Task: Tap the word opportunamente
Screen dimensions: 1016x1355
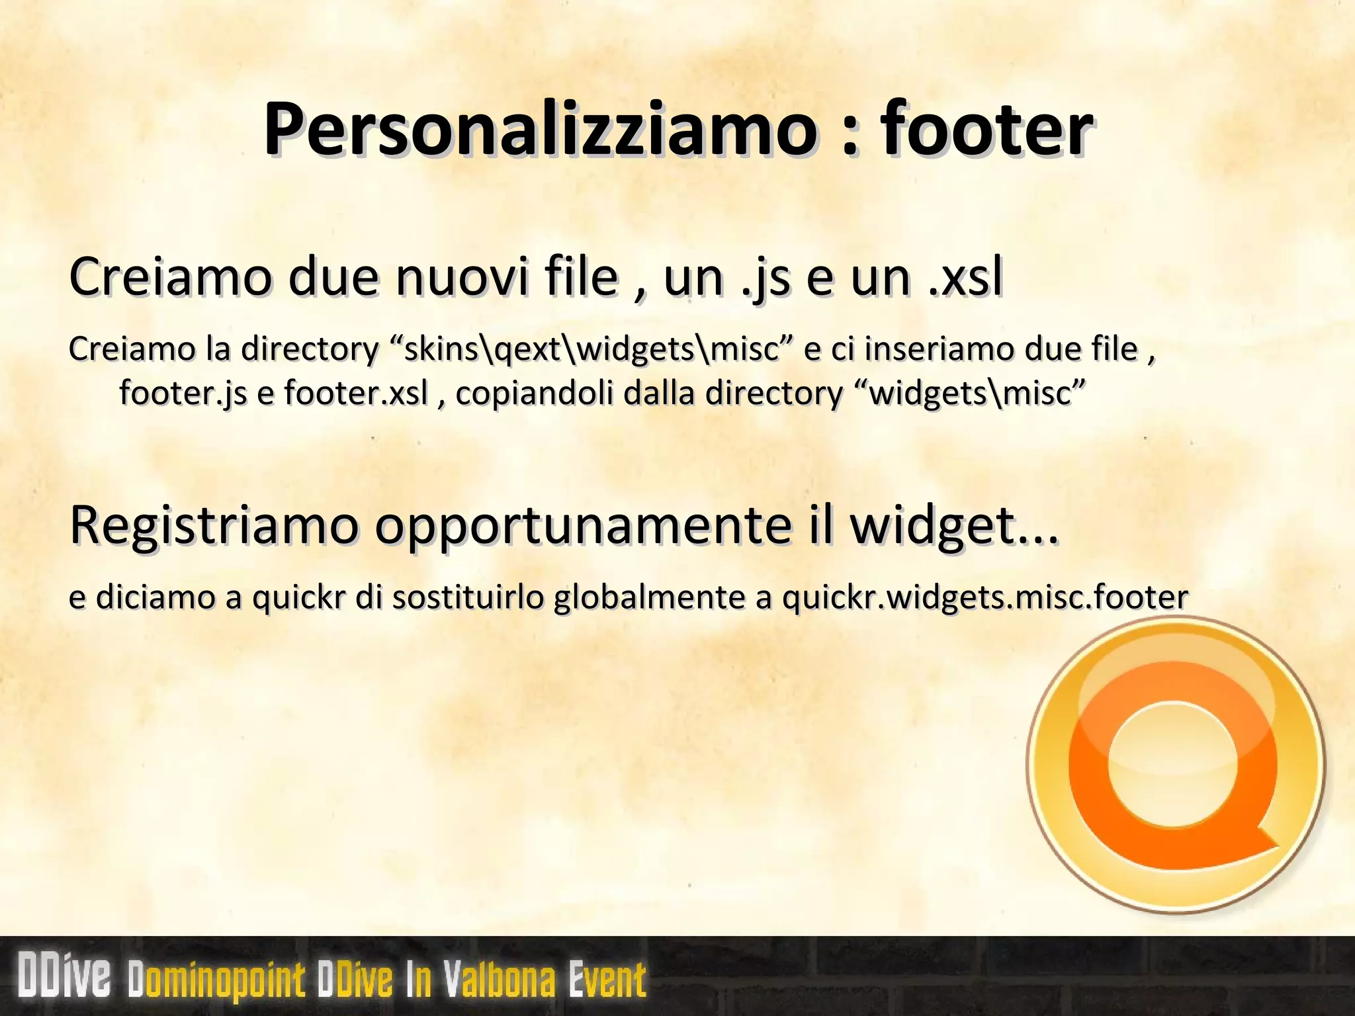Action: tap(582, 526)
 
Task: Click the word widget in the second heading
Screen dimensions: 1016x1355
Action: tap(933, 526)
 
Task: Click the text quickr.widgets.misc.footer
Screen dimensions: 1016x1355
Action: tap(984, 597)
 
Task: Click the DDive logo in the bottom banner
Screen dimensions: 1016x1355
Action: tap(64, 976)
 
